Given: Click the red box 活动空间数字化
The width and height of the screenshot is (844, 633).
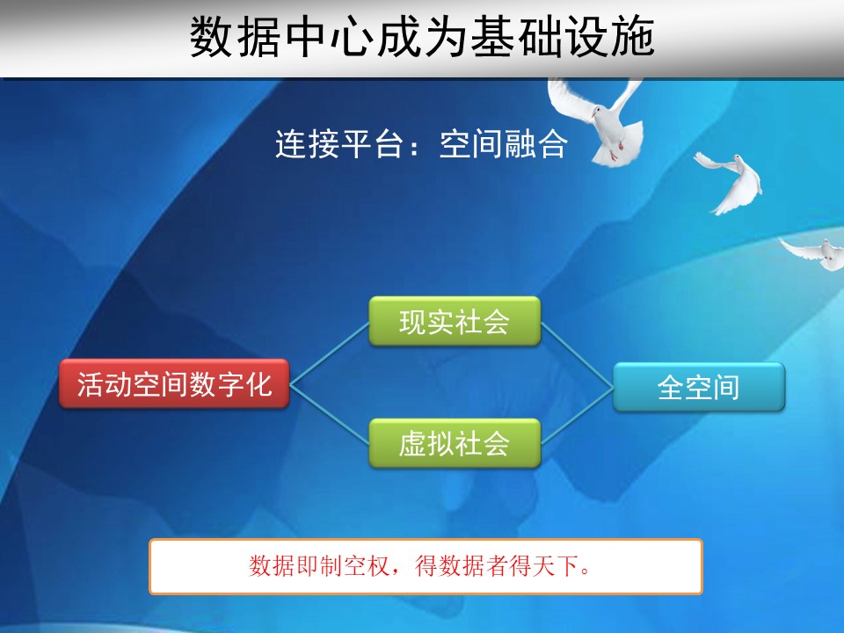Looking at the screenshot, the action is tap(174, 383).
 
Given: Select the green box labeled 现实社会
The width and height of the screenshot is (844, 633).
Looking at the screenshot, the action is tap(455, 322).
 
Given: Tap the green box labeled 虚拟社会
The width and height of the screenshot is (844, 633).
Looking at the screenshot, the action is tap(455, 443).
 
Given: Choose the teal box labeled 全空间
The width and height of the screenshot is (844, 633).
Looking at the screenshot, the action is tap(699, 387).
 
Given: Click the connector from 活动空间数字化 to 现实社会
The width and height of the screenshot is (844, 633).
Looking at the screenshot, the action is tap(330, 353).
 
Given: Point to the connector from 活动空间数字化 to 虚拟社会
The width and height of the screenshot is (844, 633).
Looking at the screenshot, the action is tap(330, 414).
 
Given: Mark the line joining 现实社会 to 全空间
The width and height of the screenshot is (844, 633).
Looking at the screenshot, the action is tap(577, 354).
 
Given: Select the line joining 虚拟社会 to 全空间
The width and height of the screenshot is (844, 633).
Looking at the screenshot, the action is tap(577, 416).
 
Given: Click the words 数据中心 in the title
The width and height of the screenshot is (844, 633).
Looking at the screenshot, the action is tap(281, 37).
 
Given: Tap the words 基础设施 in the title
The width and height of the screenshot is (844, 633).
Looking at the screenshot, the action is tap(563, 37).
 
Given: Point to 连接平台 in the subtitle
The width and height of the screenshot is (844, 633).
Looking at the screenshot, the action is tap(339, 143).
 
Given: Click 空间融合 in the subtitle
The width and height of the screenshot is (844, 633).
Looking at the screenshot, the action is tap(503, 143).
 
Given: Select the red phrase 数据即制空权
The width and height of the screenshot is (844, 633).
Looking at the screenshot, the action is tap(318, 565).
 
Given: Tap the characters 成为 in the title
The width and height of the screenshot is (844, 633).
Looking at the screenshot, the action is tap(423, 37).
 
